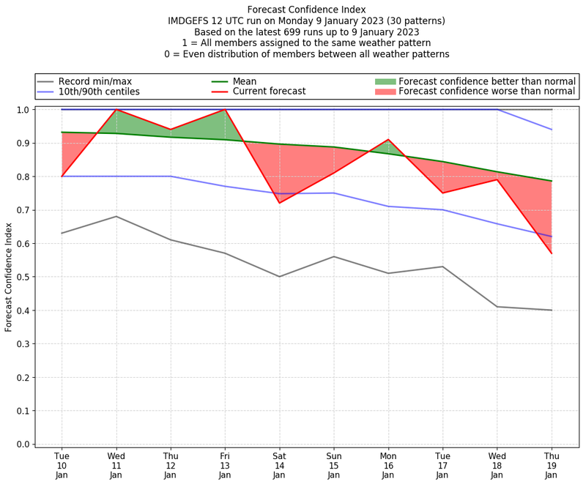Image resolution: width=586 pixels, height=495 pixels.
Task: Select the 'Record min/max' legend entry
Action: (x=94, y=81)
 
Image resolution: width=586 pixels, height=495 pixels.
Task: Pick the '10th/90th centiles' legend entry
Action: (x=99, y=92)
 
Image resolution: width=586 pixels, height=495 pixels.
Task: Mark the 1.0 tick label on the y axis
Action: (x=23, y=110)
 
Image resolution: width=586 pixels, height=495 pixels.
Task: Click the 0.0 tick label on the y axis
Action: (x=23, y=444)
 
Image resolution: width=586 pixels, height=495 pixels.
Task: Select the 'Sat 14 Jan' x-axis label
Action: (x=279, y=466)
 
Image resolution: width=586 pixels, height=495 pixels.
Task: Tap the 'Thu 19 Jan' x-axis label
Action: (x=551, y=466)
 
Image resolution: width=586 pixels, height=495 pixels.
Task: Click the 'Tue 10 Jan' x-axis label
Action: (x=62, y=466)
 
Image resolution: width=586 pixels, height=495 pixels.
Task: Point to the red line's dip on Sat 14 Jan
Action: (x=279, y=203)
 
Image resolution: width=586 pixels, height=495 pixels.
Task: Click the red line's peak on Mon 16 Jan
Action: (x=388, y=139)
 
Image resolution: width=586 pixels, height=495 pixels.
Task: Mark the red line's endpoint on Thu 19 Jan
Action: (x=551, y=253)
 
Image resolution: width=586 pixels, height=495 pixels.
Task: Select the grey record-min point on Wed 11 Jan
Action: (x=116, y=216)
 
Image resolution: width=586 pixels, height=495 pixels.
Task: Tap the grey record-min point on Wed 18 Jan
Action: (x=497, y=307)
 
